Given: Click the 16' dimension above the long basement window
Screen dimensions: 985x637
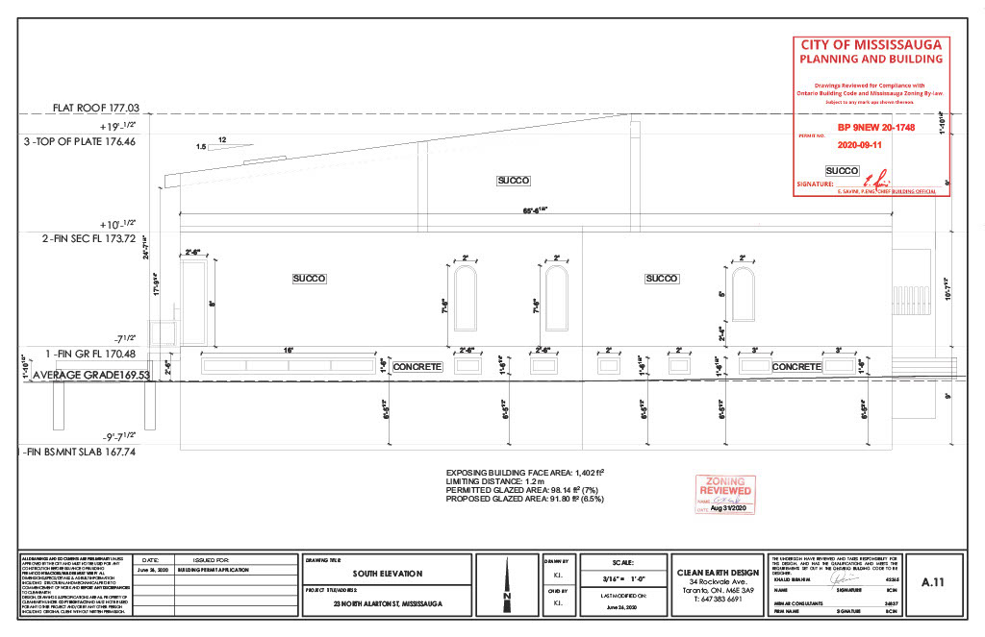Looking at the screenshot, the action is click(x=288, y=352).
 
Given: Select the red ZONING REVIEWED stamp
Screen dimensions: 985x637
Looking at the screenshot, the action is click(x=723, y=495).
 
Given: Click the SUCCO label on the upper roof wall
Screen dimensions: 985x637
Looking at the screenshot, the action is click(x=514, y=181).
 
